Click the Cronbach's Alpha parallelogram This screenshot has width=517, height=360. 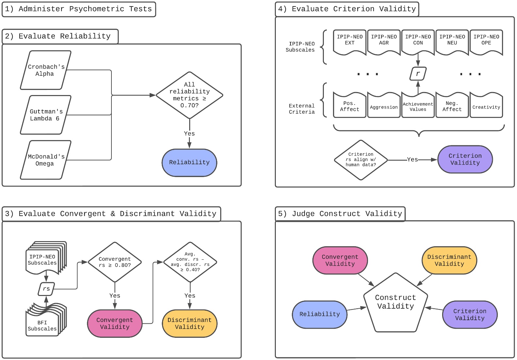coord(45,70)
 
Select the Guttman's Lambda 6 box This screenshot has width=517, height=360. coord(45,115)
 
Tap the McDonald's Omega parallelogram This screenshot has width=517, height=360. coord(45,160)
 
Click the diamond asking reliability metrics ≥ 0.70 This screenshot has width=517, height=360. coord(190,95)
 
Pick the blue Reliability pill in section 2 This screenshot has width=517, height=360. coord(189,162)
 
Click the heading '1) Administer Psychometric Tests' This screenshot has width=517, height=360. coord(79,9)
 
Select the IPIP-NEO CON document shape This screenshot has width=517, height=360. coord(418,41)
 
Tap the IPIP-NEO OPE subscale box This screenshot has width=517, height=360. coord(486,41)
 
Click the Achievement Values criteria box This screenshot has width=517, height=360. coord(418,106)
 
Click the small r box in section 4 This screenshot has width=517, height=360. coord(418,74)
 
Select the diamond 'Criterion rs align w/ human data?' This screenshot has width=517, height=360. coord(361,160)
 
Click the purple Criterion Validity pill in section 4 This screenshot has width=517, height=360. coord(465,159)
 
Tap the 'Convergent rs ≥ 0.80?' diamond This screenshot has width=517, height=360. coord(115,262)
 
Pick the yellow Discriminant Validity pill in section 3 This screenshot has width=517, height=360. coord(190,323)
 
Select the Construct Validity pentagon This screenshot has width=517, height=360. coord(395,304)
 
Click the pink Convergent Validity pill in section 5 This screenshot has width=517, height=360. coord(340,260)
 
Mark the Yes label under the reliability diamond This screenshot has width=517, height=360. coord(189,134)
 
